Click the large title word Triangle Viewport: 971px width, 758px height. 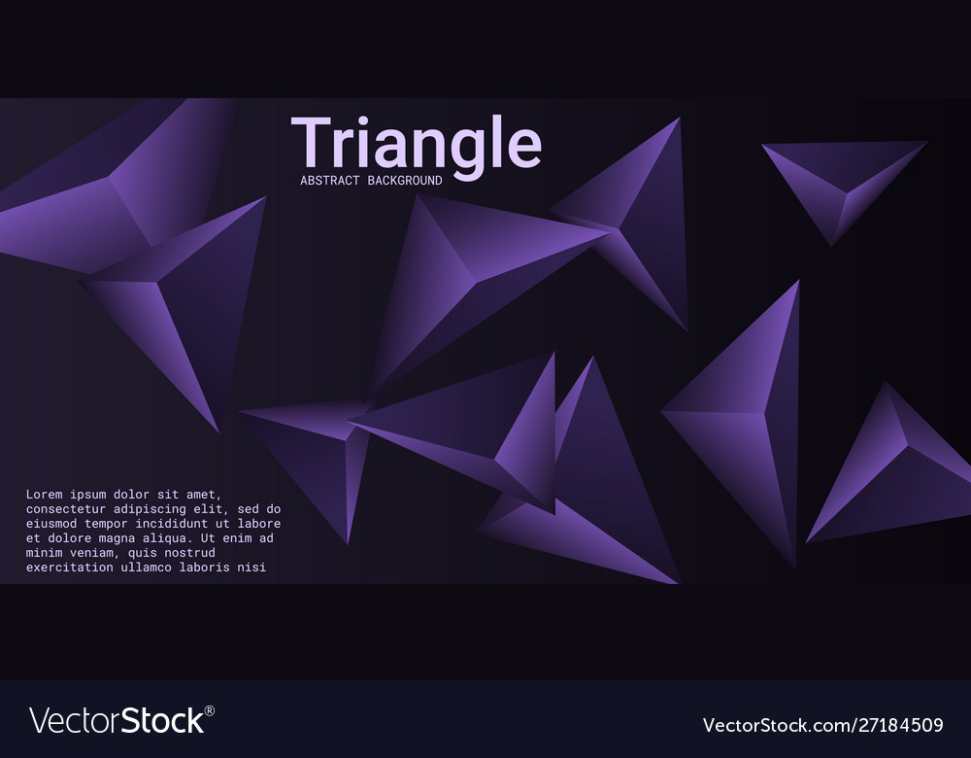[416, 144]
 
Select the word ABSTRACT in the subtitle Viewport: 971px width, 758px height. [329, 181]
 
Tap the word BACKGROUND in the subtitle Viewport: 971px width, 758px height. [405, 181]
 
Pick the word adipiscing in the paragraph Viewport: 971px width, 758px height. [150, 509]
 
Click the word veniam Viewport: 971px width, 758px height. [91, 553]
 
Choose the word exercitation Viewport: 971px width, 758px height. [68, 568]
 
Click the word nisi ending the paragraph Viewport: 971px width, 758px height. [251, 568]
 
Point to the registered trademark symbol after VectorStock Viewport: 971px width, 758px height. [210, 710]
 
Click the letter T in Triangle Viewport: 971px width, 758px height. [312, 144]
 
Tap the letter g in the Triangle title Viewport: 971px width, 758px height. [463, 151]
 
